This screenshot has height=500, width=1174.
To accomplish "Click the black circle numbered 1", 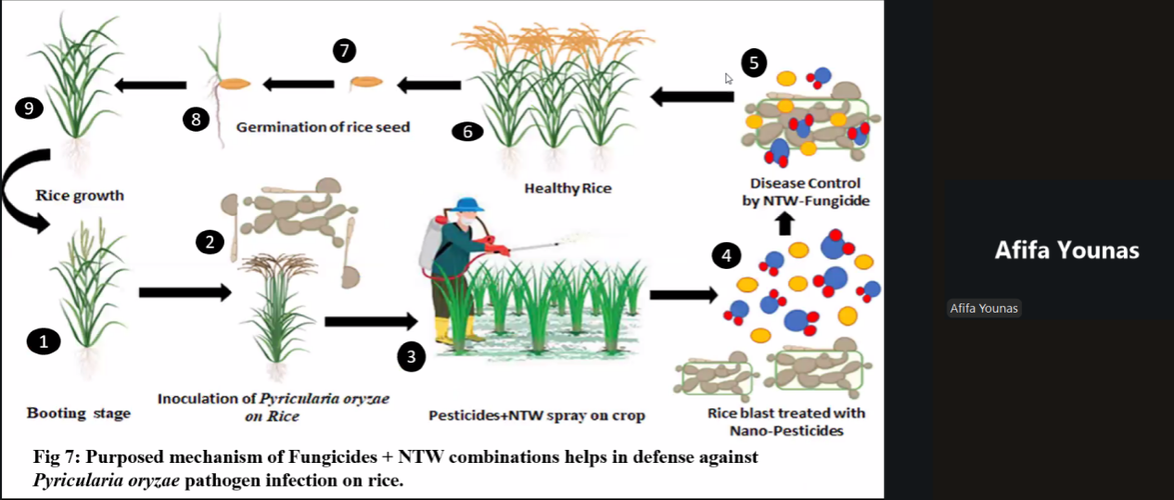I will pos(43,342).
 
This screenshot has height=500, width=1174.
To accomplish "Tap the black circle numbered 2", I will pos(211,242).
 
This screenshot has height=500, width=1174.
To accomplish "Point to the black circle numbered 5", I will pos(754,62).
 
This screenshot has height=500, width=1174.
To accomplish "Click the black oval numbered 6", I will pos(467,132).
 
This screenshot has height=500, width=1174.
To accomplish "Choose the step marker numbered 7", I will pos(345,51).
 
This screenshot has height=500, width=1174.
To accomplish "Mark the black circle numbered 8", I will pos(196,120).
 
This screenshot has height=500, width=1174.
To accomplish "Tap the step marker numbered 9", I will pos(29,109).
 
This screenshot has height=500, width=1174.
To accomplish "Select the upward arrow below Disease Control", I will pos(785,223).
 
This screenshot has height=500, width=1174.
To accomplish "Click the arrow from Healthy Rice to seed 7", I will pos(428,86).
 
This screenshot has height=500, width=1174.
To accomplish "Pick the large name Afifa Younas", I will pos(1066,250).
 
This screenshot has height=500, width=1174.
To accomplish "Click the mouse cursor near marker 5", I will pos(729,79).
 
